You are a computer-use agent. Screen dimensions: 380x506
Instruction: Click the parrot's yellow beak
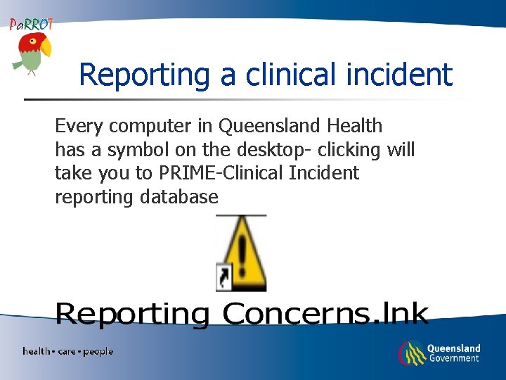click(46, 48)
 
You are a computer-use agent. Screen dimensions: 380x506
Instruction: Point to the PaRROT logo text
click(31, 24)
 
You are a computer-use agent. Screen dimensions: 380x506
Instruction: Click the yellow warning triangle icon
click(242, 253)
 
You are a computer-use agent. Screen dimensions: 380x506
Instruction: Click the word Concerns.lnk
click(325, 315)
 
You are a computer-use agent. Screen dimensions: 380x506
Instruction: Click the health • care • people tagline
click(67, 351)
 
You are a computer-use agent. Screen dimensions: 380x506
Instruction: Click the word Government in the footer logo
click(453, 358)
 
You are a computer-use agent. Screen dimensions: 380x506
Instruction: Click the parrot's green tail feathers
click(18, 63)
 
